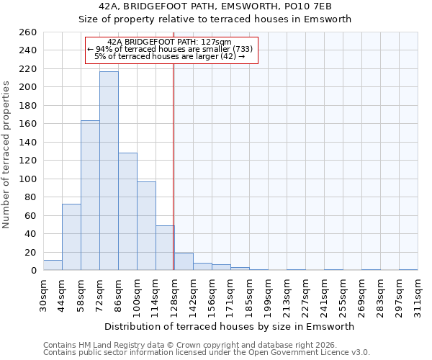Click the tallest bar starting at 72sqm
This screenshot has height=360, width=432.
(x=109, y=171)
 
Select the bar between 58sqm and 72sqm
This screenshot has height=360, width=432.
(x=90, y=195)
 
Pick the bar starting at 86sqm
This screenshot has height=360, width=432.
(x=127, y=212)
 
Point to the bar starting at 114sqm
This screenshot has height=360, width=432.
(x=165, y=248)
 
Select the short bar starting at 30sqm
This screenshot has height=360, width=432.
(x=53, y=265)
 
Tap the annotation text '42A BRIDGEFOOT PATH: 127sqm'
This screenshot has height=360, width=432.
(x=169, y=42)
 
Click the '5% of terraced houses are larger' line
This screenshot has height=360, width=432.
(x=170, y=56)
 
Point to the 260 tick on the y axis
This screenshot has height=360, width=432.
(x=28, y=32)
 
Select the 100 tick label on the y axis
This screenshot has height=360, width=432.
(x=28, y=179)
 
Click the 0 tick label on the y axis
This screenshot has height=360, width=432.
(x=34, y=271)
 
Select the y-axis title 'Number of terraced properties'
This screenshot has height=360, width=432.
(x=7, y=155)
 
